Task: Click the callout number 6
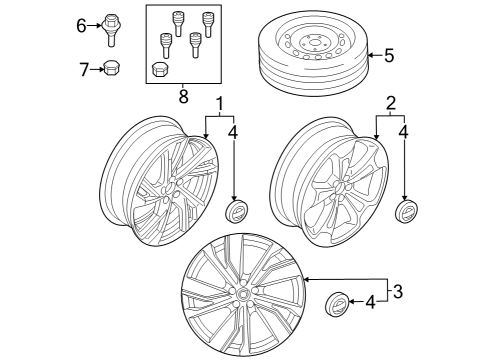point(82,26)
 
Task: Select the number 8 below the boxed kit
point(183,97)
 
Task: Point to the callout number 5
point(389,55)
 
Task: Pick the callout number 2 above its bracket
point(391,104)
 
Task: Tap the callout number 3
point(398,291)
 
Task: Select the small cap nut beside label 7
point(112,68)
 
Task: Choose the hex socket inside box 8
point(159,69)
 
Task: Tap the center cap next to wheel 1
point(236,216)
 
